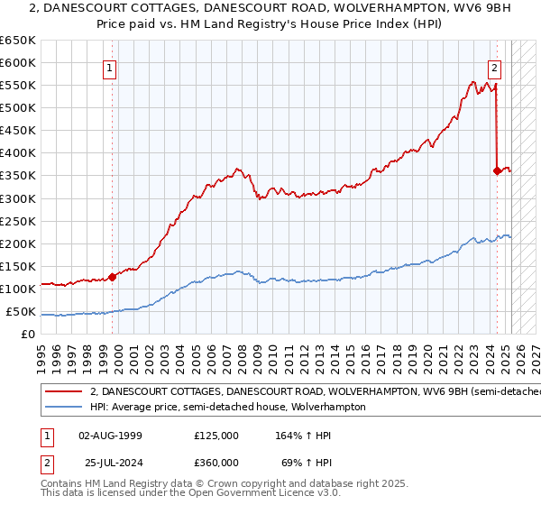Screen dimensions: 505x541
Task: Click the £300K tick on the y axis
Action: tap(17, 198)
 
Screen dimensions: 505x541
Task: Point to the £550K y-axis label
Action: tap(17, 85)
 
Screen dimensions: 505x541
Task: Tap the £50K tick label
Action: tap(21, 312)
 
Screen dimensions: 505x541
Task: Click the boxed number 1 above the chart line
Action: tap(109, 67)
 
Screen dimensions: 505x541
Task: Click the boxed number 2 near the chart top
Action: tap(495, 67)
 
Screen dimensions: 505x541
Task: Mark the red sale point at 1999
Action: tap(113, 277)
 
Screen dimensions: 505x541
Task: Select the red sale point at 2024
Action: tap(497, 170)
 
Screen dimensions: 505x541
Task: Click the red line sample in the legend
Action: tap(64, 392)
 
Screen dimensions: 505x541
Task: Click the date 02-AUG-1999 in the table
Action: tap(110, 436)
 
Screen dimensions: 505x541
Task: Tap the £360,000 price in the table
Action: tap(215, 463)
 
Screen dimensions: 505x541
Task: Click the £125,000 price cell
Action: tap(215, 436)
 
